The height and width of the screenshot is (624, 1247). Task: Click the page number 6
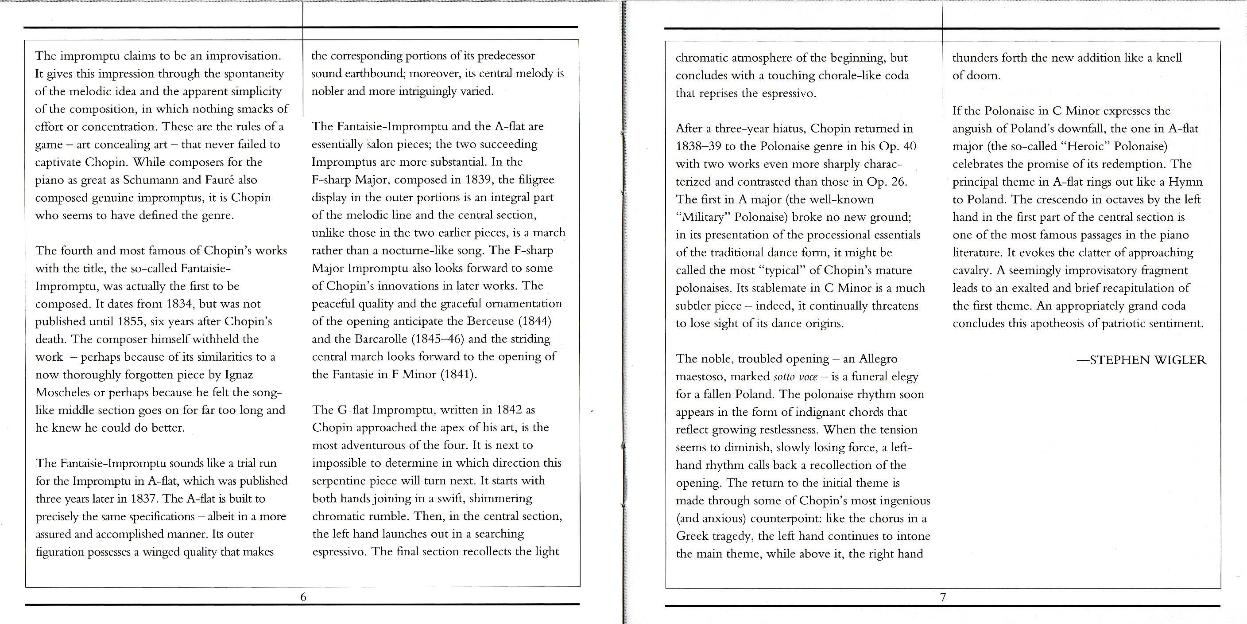303,597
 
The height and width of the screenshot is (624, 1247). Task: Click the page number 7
942,597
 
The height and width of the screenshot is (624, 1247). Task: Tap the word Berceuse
490,322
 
